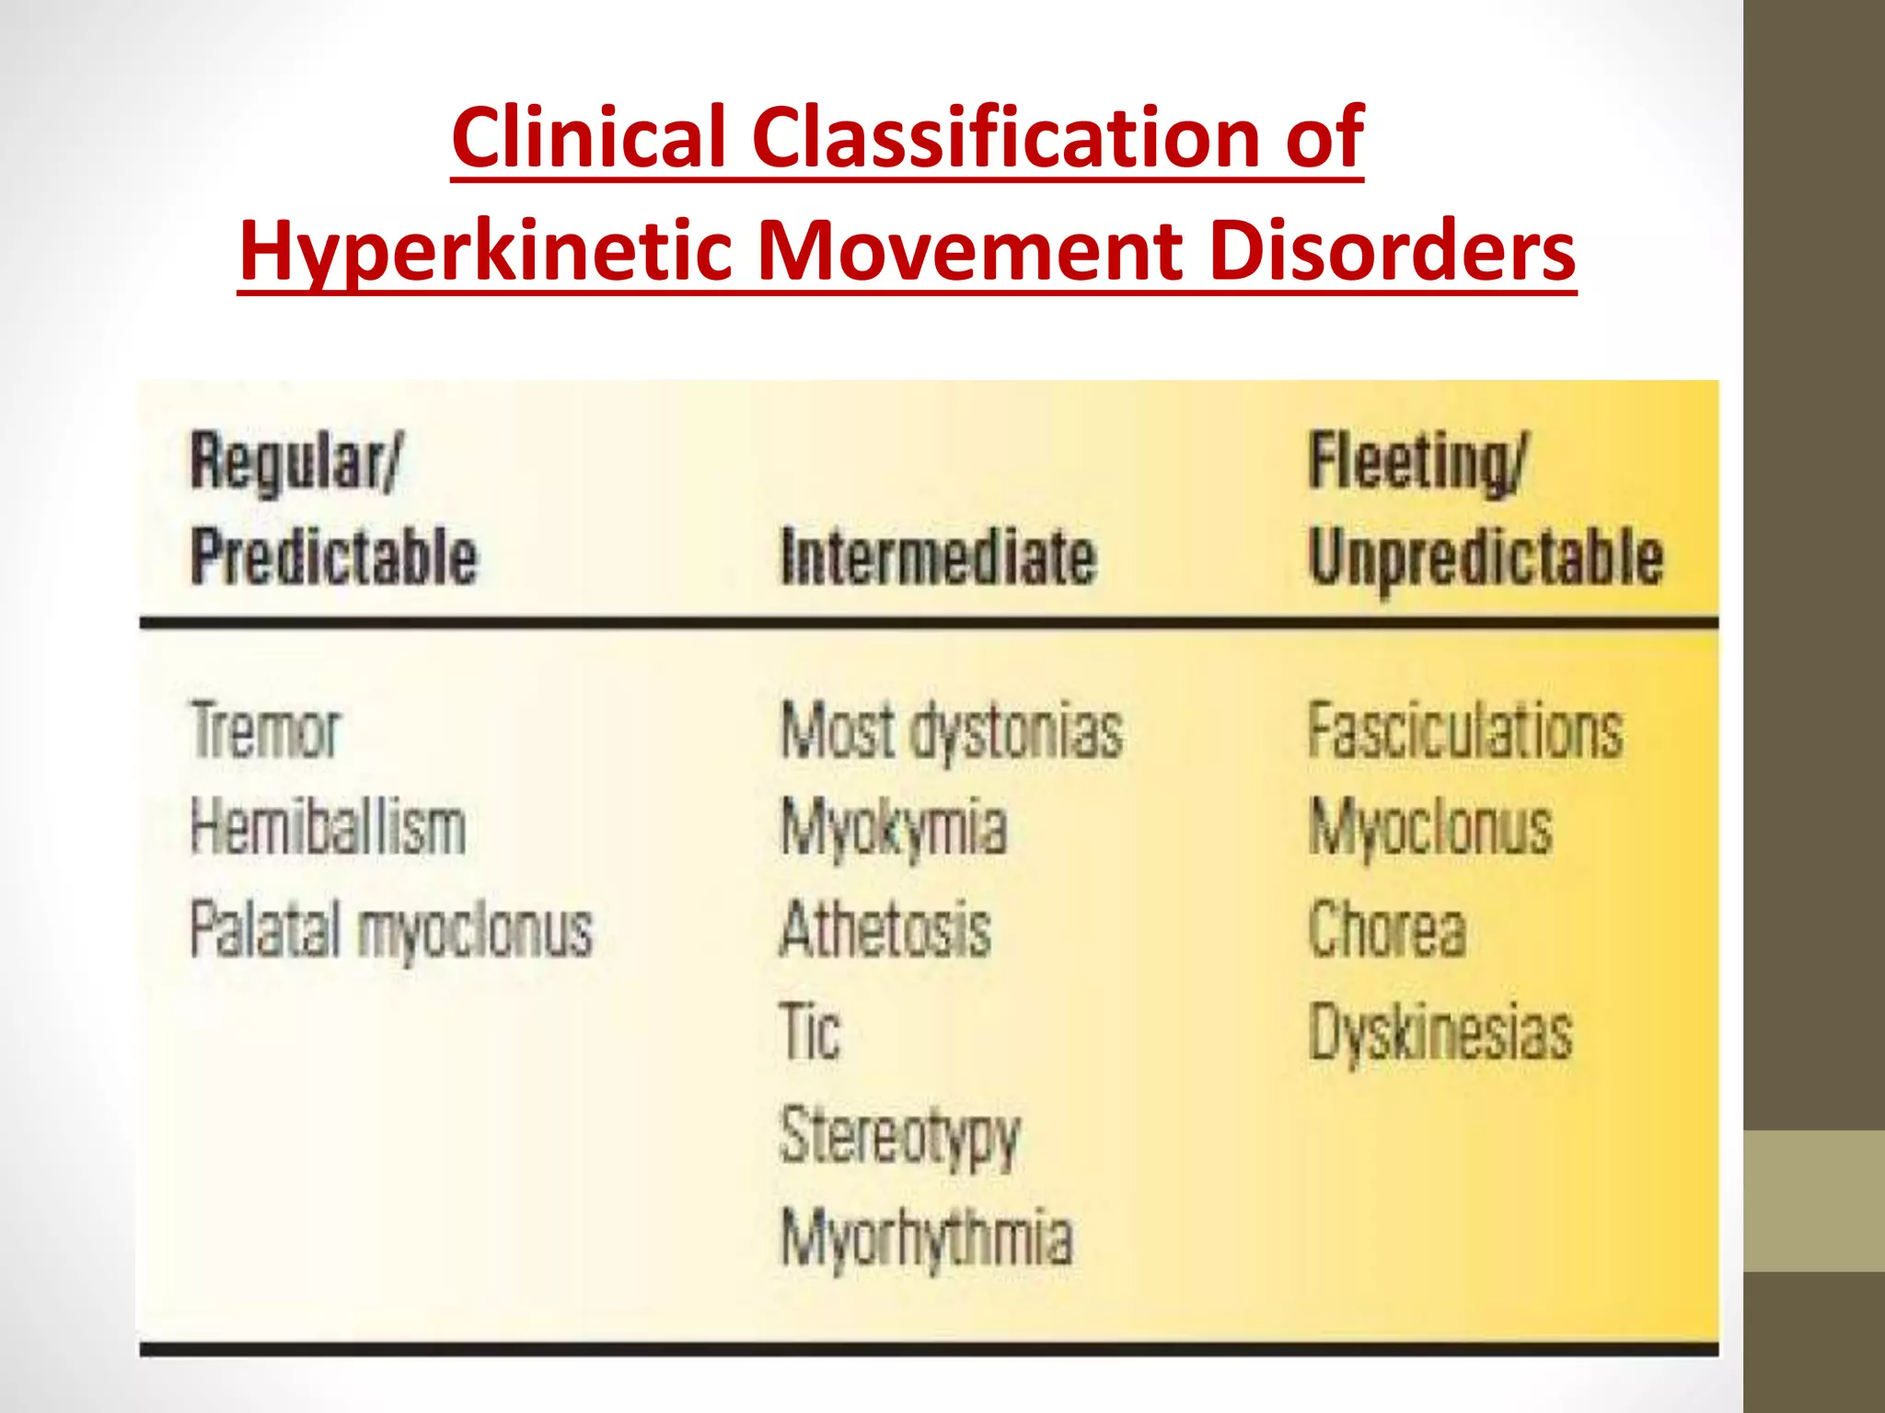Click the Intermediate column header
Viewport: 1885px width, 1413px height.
click(939, 557)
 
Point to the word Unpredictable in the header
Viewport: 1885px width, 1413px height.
click(1486, 557)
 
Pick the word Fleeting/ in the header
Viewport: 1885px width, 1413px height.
click(1417, 462)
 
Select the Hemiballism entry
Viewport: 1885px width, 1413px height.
click(328, 828)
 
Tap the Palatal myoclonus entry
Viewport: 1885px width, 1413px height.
click(391, 929)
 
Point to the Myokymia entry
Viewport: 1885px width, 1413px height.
click(894, 828)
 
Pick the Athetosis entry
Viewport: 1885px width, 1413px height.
click(885, 929)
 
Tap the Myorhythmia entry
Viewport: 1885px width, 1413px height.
click(927, 1238)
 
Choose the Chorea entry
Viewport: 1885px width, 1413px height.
click(1387, 929)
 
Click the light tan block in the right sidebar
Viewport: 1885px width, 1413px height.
click(1814, 1200)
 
